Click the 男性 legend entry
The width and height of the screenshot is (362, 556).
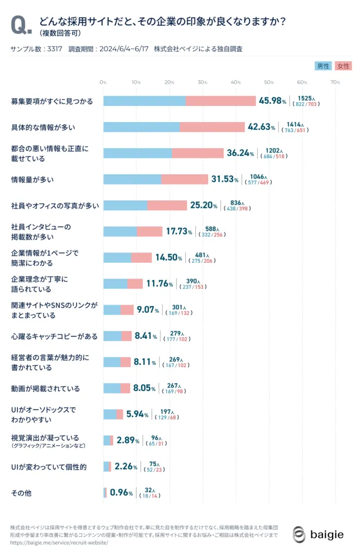[323, 66]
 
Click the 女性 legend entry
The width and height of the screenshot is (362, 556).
[343, 66]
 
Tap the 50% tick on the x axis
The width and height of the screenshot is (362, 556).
[269, 83]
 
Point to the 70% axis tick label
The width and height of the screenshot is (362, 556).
[335, 83]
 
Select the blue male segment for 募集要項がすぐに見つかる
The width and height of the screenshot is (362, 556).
[144, 101]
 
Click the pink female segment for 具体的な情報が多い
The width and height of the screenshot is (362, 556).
[212, 127]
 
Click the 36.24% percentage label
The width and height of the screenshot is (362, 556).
[240, 153]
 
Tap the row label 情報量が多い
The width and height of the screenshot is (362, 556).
[33, 179]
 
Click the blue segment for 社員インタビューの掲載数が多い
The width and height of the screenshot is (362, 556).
[120, 231]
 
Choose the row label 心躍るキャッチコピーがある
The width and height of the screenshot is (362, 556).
[54, 337]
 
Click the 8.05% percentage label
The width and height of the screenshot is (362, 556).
[144, 388]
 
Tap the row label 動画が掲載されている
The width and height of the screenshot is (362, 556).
[46, 389]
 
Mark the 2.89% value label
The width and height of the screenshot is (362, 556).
[129, 440]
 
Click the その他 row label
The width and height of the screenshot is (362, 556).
[21, 493]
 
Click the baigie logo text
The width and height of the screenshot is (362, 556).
[327, 534]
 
